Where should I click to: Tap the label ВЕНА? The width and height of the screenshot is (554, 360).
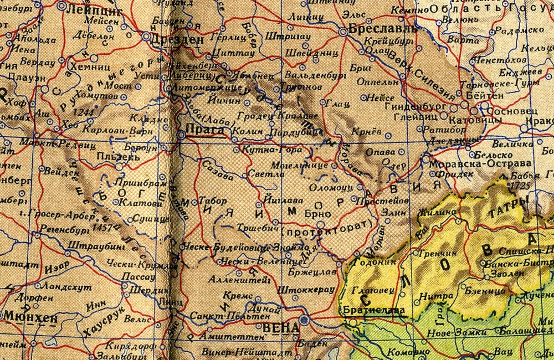283,328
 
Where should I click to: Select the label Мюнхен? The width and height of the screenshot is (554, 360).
24,317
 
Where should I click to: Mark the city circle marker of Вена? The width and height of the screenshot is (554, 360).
303,320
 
